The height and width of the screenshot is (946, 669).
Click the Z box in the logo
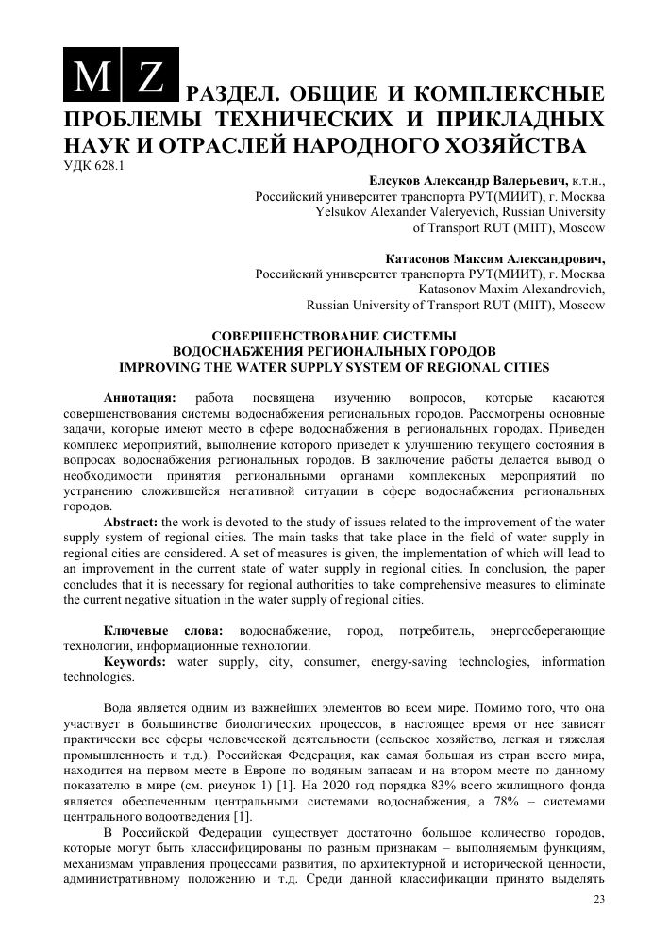[149, 75]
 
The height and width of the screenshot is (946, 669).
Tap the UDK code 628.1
[99, 167]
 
